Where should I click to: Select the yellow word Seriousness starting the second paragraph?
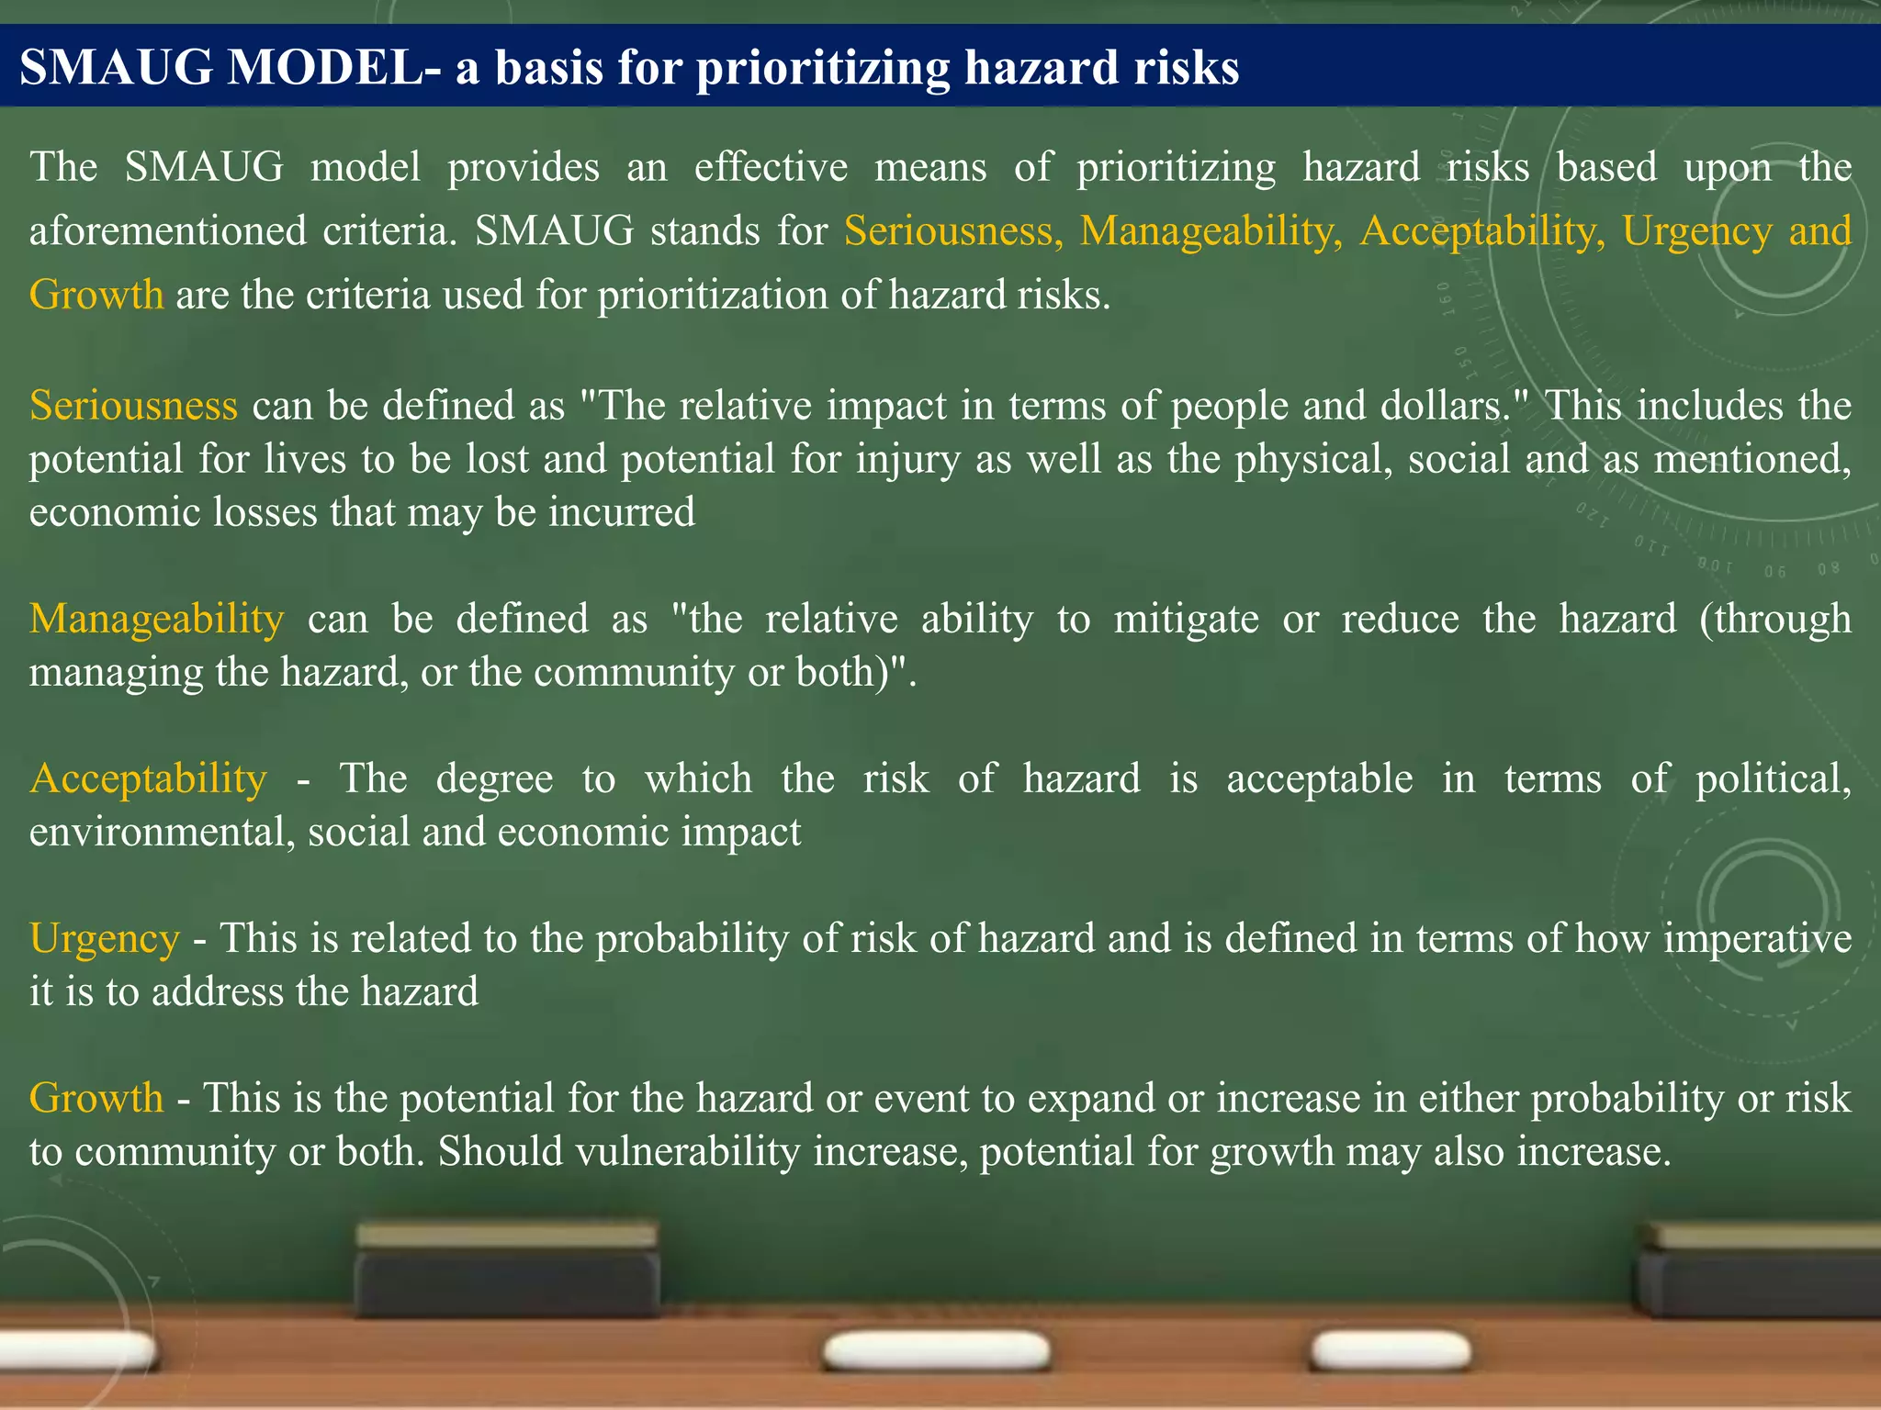pos(133,406)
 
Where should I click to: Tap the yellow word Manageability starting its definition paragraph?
pos(156,619)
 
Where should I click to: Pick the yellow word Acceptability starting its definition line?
pos(148,778)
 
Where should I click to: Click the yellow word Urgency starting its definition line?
pos(105,939)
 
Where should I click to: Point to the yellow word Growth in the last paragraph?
pos(96,1098)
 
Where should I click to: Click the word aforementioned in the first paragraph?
pos(167,231)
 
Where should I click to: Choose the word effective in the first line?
pos(771,167)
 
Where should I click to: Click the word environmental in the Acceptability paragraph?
pos(161,832)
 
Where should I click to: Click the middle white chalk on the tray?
pos(936,1351)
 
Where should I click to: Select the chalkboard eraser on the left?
pos(507,1270)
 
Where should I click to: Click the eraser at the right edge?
pos(1759,1271)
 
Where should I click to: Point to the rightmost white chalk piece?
pos(1391,1351)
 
